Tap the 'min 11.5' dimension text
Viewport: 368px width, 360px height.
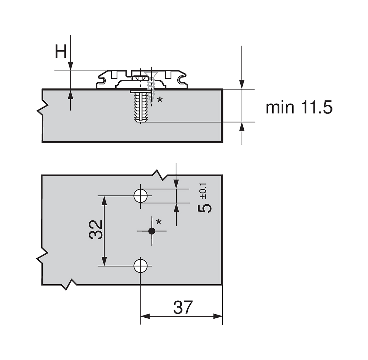[x=299, y=108]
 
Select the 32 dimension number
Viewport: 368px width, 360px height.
[x=96, y=230]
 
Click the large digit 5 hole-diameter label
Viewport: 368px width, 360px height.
[x=205, y=208]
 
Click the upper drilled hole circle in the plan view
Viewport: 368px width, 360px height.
[x=140, y=196]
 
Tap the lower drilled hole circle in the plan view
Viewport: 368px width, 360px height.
[x=140, y=266]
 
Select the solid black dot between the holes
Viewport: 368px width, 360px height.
[x=152, y=231]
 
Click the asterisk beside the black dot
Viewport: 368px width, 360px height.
[x=159, y=222]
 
